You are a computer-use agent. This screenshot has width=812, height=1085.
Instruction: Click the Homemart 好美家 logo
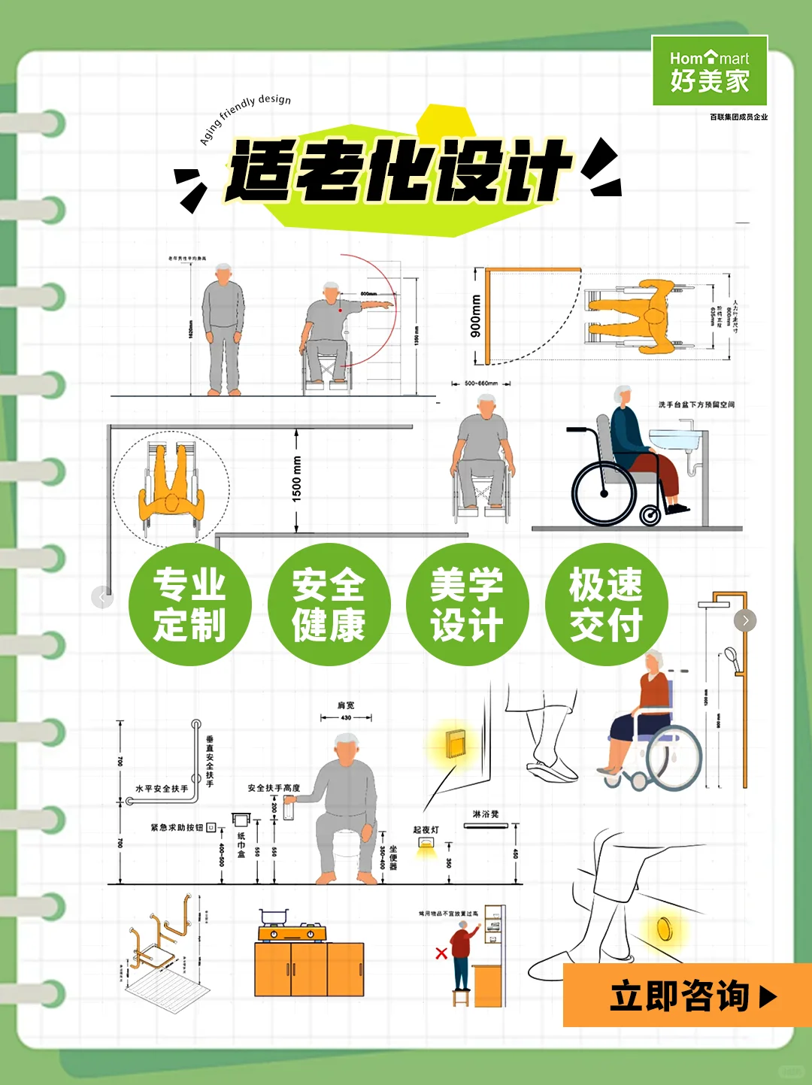pyautogui.click(x=709, y=71)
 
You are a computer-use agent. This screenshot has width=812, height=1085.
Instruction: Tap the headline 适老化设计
pyautogui.click(x=398, y=171)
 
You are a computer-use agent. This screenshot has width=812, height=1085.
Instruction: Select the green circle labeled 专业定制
pyautogui.click(x=189, y=605)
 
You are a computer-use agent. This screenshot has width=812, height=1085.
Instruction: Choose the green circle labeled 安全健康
pyautogui.click(x=329, y=605)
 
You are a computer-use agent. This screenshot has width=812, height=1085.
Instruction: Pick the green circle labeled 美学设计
pyautogui.click(x=467, y=605)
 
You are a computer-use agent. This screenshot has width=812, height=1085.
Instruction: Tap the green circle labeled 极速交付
pyautogui.click(x=606, y=605)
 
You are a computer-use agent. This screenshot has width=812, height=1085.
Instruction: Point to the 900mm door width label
pyautogui.click(x=475, y=316)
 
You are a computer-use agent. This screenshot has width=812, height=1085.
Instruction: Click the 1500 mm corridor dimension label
pyautogui.click(x=297, y=479)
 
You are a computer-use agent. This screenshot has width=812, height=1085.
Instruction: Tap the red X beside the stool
pyautogui.click(x=441, y=953)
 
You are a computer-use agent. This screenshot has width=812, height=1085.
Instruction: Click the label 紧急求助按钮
pyautogui.click(x=177, y=827)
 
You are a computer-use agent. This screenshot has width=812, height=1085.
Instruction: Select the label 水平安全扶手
pyautogui.click(x=162, y=789)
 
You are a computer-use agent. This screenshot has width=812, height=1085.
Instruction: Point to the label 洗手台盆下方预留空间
pyautogui.click(x=696, y=405)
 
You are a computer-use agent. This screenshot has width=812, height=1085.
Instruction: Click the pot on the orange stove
pyautogui.click(x=274, y=918)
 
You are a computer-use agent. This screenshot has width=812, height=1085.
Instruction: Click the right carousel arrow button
pyautogui.click(x=745, y=620)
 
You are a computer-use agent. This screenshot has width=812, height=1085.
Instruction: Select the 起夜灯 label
pyautogui.click(x=426, y=830)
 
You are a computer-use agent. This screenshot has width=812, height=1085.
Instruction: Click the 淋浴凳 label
pyautogui.click(x=485, y=814)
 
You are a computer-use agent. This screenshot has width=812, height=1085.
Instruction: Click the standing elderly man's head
pyautogui.click(x=223, y=272)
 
